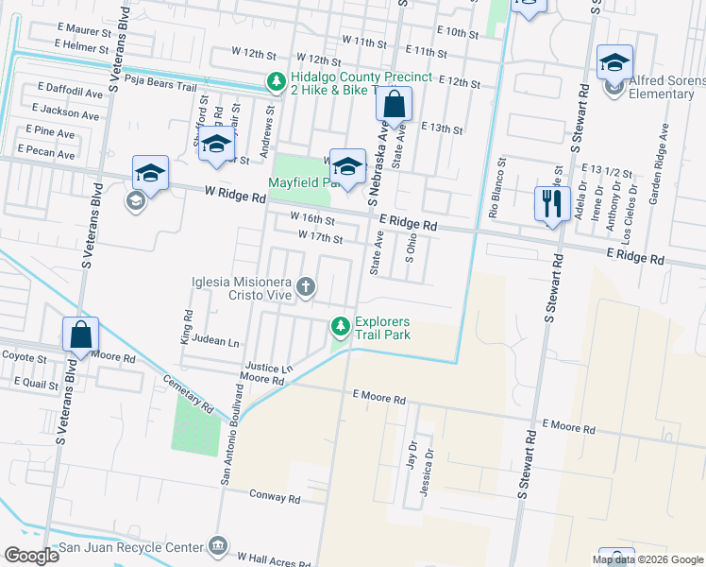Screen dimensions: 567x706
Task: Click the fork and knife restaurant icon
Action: pyautogui.click(x=550, y=203)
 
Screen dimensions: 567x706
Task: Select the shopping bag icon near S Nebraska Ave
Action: pyautogui.click(x=395, y=104)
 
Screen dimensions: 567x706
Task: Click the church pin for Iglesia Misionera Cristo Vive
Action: pyautogui.click(x=305, y=285)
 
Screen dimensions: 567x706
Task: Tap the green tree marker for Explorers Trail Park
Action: pyautogui.click(x=341, y=327)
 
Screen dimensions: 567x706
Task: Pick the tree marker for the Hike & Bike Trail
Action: pyautogui.click(x=276, y=82)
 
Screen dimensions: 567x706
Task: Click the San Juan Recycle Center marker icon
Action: pyautogui.click(x=219, y=546)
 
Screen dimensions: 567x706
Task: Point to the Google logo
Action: pyautogui.click(x=31, y=556)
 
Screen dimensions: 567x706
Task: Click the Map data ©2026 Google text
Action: pyautogui.click(x=647, y=559)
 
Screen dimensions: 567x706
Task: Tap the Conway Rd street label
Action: pyautogui.click(x=275, y=496)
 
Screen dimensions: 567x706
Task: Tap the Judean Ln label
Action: pyautogui.click(x=214, y=341)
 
